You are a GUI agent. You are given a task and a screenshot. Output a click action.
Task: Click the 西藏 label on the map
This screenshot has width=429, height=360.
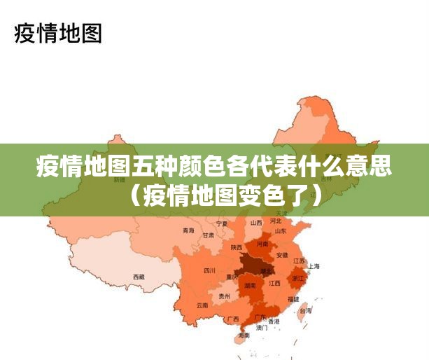(139, 277)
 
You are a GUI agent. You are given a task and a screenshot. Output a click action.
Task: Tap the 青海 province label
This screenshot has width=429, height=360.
(188, 230)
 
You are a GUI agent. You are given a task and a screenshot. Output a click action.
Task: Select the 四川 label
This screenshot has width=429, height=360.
(209, 270)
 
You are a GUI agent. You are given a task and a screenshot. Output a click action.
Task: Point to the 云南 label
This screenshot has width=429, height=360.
(202, 305)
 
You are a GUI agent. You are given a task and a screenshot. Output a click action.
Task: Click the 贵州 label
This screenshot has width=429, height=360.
(224, 296)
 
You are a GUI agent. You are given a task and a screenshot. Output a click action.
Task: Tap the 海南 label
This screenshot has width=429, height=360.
(244, 335)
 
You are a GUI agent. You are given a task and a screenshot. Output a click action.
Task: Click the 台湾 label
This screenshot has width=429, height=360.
(305, 310)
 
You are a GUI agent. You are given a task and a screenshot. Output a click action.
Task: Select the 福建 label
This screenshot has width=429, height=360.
(293, 299)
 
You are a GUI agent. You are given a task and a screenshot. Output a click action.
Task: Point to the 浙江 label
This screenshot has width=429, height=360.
(298, 278)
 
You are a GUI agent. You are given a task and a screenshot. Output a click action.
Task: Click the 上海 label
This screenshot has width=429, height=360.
(314, 266)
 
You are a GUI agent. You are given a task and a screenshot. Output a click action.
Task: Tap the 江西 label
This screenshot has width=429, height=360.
(274, 284)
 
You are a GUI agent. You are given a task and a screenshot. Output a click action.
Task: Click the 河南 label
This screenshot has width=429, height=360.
(262, 244)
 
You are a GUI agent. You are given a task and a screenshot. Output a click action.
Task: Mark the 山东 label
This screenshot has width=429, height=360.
(280, 230)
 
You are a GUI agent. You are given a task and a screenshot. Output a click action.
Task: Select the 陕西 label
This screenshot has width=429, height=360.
(237, 247)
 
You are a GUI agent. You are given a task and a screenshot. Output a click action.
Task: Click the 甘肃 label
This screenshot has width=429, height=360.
(209, 235)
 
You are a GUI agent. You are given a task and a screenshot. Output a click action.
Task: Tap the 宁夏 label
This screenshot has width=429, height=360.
(222, 223)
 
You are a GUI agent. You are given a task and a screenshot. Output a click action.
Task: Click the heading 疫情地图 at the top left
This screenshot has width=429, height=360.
(58, 33)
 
